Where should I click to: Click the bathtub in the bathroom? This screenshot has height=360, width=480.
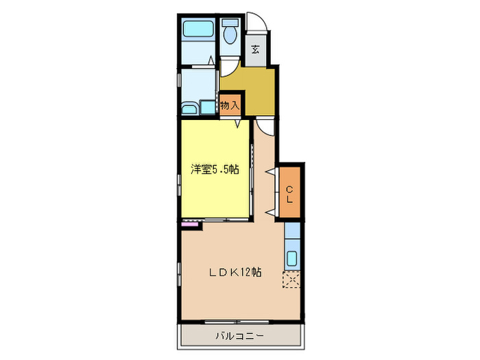[x=197, y=29]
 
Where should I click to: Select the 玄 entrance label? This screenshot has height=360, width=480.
[x=255, y=49]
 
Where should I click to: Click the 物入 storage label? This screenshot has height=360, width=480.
[x=230, y=106]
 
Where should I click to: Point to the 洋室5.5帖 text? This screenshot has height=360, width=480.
[x=215, y=170]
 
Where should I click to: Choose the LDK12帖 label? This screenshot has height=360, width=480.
[x=235, y=272]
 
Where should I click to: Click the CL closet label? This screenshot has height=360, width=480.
[x=290, y=194]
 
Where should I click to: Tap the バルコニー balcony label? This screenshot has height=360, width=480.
[x=239, y=335]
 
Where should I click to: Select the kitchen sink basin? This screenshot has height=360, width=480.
[x=292, y=259]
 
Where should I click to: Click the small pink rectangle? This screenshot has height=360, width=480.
[x=187, y=223]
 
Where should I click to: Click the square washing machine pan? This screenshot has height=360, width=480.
[x=206, y=106]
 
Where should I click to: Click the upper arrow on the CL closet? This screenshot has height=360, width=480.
[x=272, y=171]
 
